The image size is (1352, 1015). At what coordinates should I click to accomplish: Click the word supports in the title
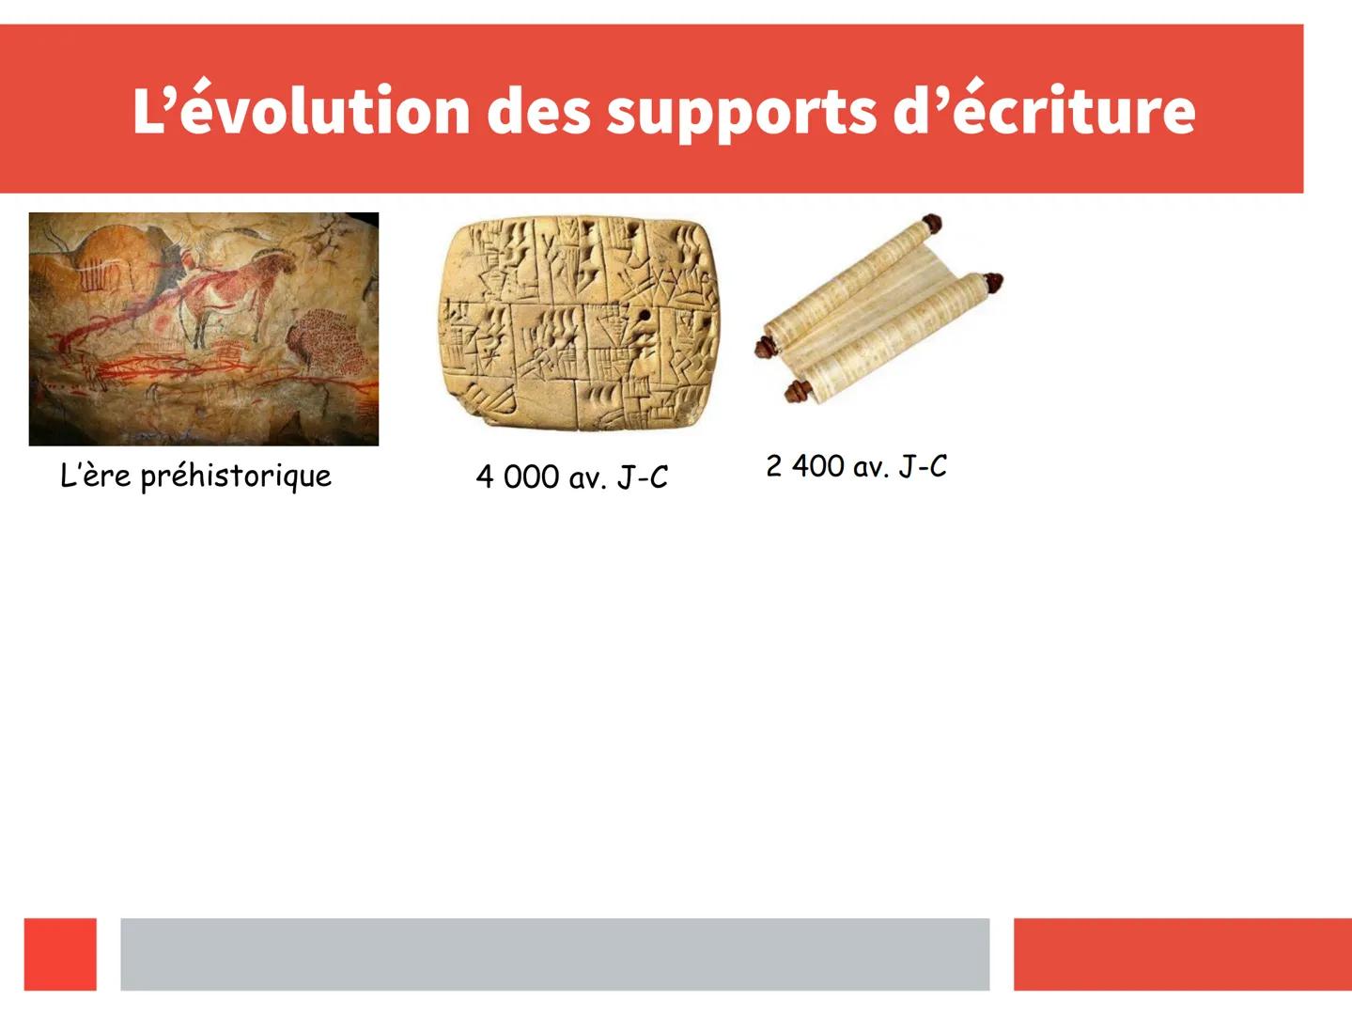(739, 112)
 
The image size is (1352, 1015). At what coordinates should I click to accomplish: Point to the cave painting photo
(204, 329)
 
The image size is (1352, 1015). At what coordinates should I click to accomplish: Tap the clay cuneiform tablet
(580, 322)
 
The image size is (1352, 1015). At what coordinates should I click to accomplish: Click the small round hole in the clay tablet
(645, 316)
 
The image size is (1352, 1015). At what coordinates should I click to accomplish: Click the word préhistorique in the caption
(236, 476)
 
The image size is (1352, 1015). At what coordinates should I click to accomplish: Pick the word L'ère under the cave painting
(96, 475)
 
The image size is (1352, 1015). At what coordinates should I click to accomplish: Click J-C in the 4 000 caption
(643, 476)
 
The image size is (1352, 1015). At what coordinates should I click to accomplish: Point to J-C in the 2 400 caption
(923, 466)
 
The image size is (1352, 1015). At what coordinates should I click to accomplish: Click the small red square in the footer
(60, 954)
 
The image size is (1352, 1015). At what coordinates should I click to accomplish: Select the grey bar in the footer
(555, 954)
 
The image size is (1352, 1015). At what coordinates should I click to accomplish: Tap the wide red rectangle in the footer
(1183, 954)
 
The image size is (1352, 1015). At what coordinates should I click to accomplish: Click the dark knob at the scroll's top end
(931, 223)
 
